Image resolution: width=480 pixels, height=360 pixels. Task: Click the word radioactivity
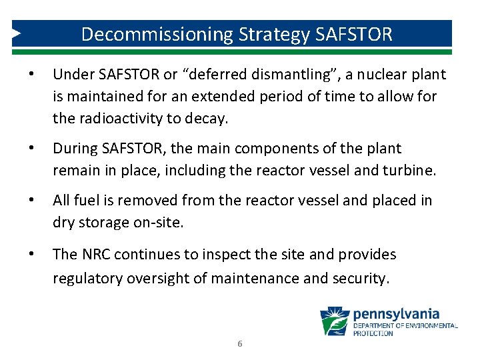tap(120, 119)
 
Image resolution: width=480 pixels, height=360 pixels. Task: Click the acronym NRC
tap(97, 254)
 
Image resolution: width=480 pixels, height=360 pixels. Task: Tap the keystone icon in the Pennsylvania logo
tap(335, 321)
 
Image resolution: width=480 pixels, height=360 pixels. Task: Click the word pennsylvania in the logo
tap(396, 313)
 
